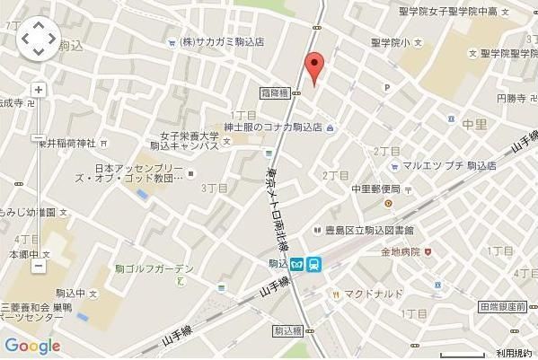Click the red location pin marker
(313, 67)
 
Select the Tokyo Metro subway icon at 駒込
(297, 265)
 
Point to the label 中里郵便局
(375, 189)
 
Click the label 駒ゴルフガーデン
(154, 269)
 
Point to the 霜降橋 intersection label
(271, 93)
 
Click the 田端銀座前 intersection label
(502, 307)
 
